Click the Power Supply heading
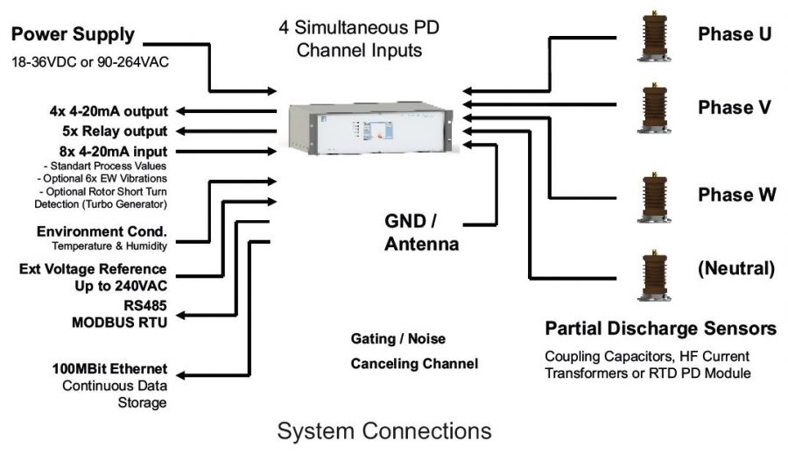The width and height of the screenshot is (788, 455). coord(73,35)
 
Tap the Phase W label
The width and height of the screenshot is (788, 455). coord(736,195)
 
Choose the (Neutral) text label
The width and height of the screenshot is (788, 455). coord(735,269)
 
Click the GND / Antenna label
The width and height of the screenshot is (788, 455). coord(422,231)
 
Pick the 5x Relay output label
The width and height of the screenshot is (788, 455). coord(109,132)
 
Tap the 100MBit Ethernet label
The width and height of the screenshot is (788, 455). coord(109,369)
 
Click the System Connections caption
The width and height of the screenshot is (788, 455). coord(384,431)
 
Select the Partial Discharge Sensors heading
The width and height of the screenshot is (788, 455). coord(660,329)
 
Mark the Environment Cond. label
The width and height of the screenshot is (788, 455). coord(102,232)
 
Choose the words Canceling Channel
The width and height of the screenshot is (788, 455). coord(414,363)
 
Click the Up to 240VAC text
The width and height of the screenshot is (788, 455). coord(123,285)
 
